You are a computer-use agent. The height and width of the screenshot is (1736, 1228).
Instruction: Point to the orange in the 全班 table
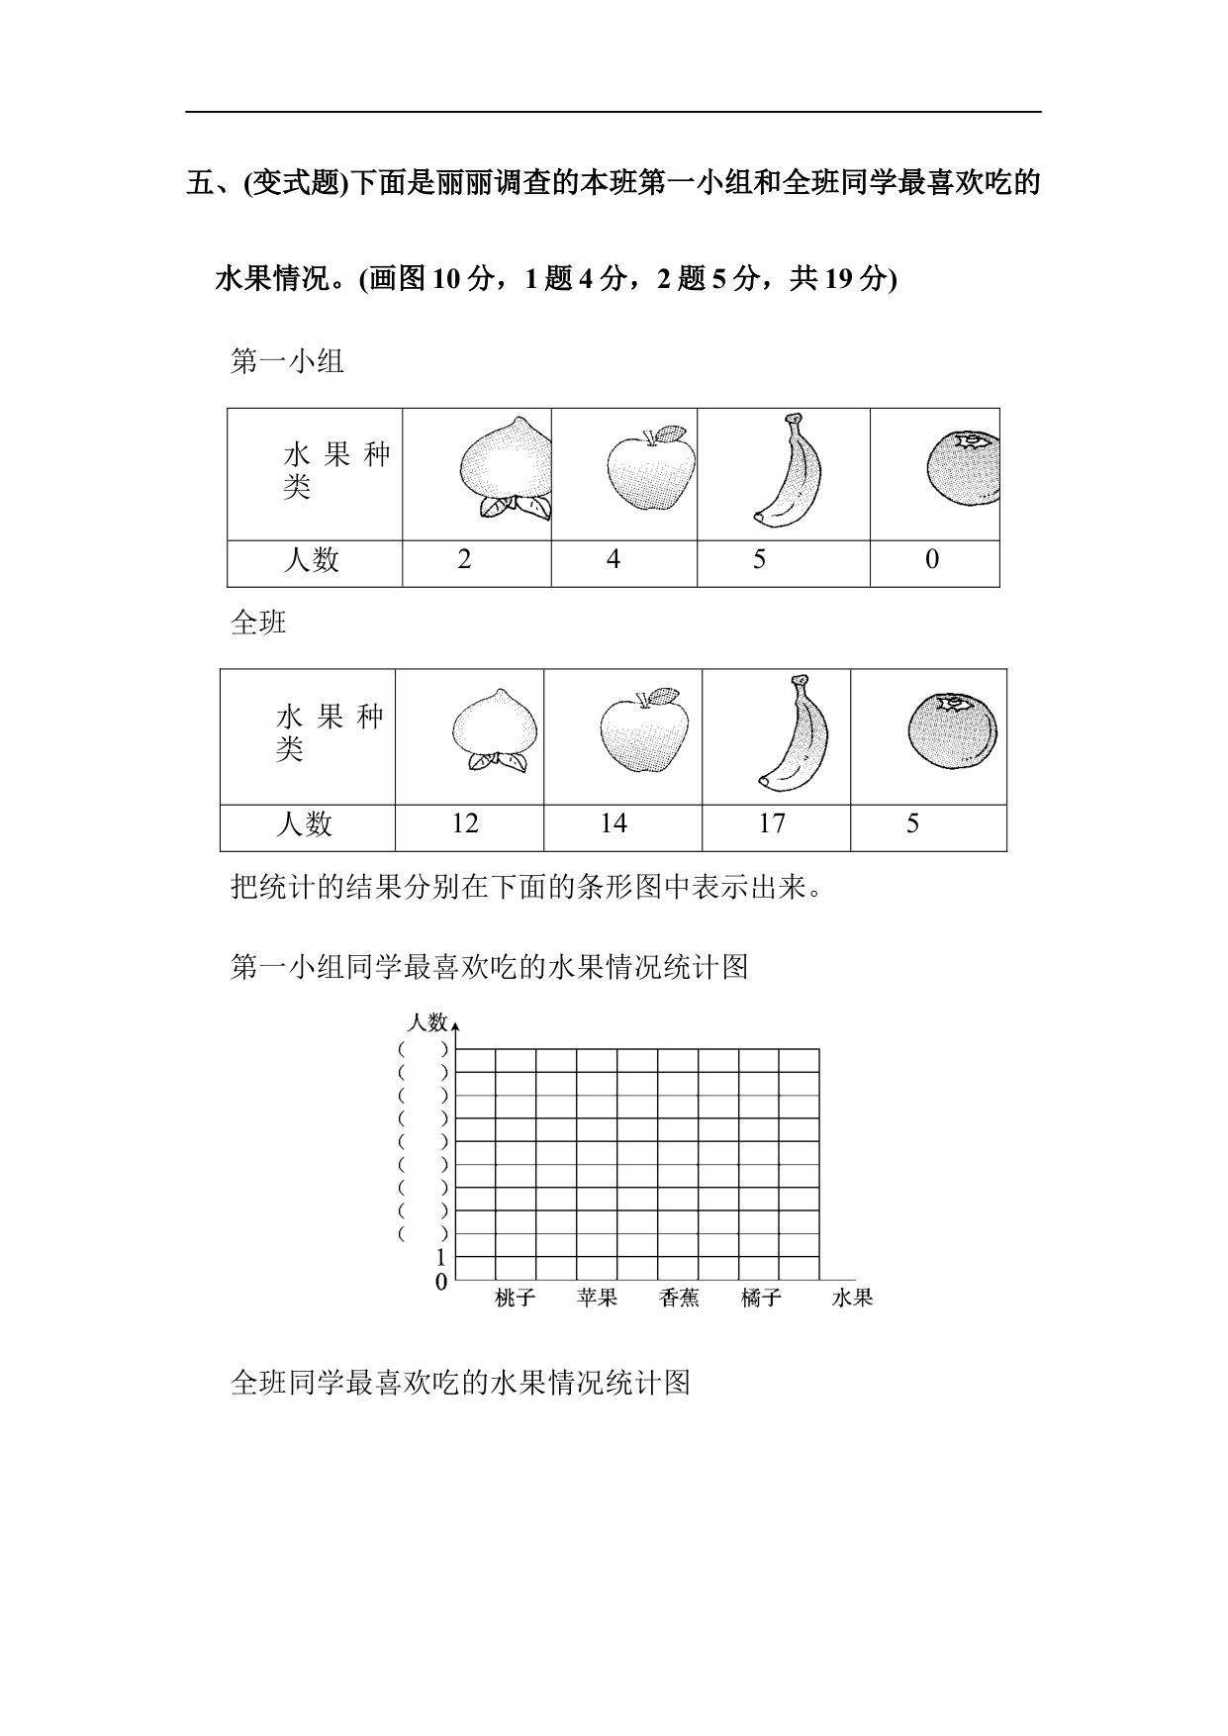click(x=952, y=732)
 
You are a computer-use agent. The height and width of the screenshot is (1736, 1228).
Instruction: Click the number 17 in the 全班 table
click(x=771, y=823)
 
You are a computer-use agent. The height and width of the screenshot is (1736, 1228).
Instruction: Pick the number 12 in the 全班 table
click(x=464, y=823)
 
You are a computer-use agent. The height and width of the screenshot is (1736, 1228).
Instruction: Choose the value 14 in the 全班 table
click(x=614, y=823)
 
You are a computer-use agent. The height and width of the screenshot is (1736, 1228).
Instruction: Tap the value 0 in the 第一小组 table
click(x=932, y=560)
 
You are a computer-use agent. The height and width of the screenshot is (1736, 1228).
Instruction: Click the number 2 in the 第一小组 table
click(x=464, y=560)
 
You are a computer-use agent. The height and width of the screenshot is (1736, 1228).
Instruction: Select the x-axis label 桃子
click(x=515, y=1298)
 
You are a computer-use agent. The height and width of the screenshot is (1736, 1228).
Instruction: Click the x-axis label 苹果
click(x=597, y=1298)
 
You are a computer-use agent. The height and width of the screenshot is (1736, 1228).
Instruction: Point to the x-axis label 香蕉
click(x=679, y=1298)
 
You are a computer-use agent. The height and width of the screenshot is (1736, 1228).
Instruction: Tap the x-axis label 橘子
click(x=761, y=1298)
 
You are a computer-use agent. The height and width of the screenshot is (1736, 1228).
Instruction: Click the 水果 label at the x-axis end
click(x=852, y=1298)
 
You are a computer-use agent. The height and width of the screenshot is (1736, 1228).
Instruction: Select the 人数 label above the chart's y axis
click(x=427, y=1022)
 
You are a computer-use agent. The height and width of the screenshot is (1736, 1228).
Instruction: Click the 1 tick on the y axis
click(x=441, y=1259)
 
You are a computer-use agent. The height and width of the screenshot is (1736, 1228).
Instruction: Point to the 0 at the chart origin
click(x=441, y=1283)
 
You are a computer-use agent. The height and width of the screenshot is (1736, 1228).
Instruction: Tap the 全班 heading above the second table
click(x=258, y=623)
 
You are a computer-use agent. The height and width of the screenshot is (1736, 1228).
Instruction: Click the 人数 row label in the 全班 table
click(x=304, y=823)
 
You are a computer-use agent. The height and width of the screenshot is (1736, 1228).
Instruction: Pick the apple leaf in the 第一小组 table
click(x=672, y=434)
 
